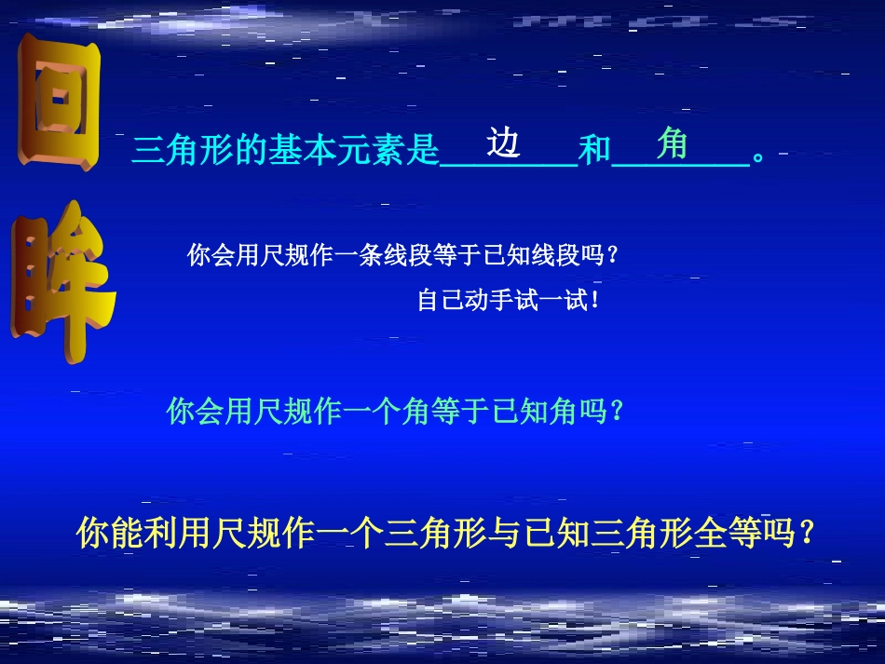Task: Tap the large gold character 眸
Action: click(62, 284)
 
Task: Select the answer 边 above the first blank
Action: click(503, 142)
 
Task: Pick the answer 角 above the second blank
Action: click(672, 142)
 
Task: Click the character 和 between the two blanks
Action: click(594, 151)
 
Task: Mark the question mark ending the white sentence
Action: click(611, 256)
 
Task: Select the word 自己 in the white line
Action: click(440, 302)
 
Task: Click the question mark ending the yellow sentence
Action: click(808, 534)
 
